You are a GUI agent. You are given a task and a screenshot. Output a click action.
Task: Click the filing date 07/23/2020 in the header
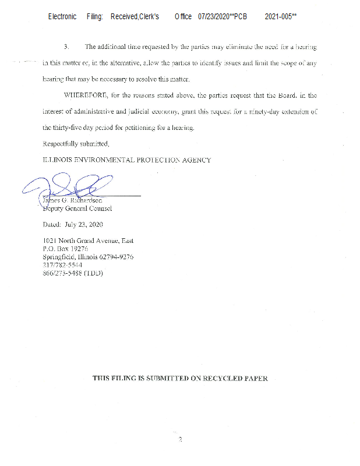coord(214,17)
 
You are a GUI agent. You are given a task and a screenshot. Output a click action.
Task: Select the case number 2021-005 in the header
coord(278,17)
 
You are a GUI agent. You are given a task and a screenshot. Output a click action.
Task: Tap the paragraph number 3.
coord(66,46)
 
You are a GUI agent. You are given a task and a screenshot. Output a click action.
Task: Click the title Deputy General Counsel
coord(78,209)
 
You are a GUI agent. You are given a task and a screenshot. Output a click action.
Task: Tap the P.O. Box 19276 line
coord(67,249)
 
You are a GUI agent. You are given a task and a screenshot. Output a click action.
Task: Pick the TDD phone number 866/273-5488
coord(63,273)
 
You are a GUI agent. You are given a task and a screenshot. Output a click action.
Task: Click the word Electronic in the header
coord(62,17)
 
